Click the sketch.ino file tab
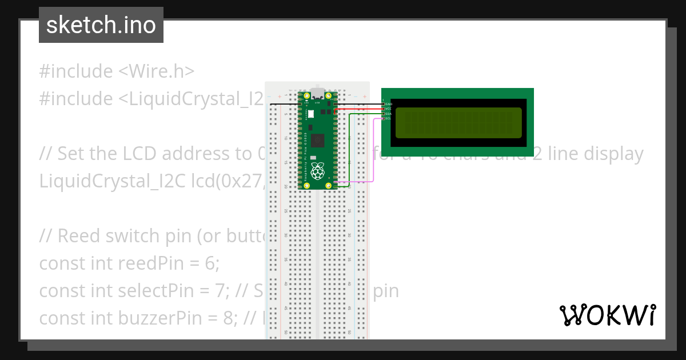point(101,25)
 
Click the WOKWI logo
point(607,315)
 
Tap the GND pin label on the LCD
point(389,103)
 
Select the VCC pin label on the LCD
point(389,108)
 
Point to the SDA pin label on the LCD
point(389,114)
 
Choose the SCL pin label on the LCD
point(389,118)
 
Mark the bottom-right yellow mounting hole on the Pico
point(329,186)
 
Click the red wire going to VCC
point(360,108)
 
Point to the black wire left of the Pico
point(283,104)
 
